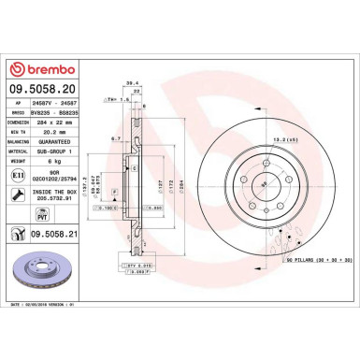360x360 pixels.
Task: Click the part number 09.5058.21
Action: [52, 236]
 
